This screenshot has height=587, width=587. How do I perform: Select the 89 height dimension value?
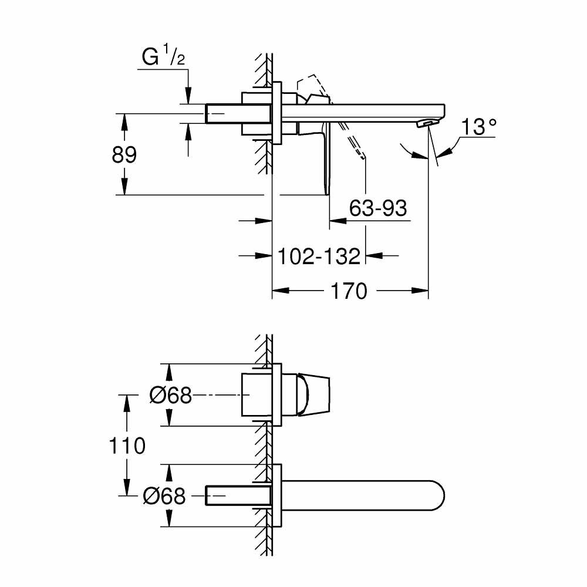[124, 155]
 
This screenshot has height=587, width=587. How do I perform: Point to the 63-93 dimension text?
[377, 208]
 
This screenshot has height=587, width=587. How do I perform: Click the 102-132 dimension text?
[318, 256]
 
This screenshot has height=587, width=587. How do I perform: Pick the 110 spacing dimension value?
[127, 446]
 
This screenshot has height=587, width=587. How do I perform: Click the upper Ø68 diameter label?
[170, 396]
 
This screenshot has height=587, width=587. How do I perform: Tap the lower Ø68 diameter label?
[164, 497]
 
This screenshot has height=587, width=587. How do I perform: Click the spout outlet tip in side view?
[427, 122]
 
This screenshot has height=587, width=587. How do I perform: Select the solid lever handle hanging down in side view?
[325, 158]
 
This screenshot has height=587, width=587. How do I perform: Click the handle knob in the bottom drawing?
[314, 395]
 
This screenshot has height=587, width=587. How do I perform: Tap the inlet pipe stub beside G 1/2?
[223, 113]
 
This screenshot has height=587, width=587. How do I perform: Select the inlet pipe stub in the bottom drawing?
[223, 496]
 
